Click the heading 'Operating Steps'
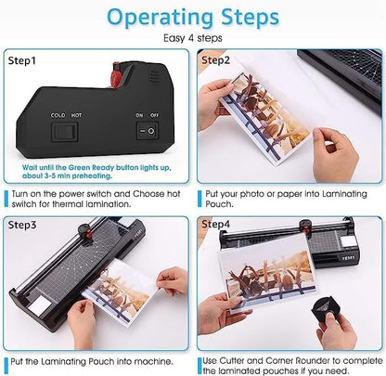192,18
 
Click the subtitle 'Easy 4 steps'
192,38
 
